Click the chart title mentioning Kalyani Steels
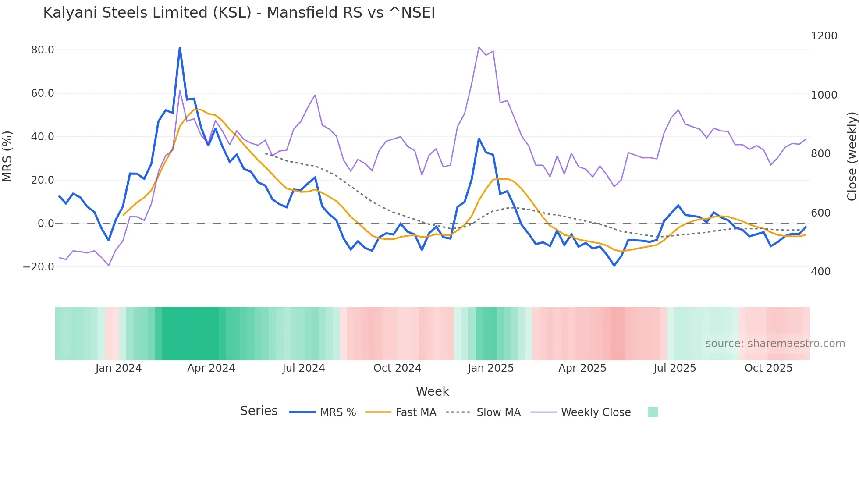(239, 13)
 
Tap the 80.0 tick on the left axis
(43, 50)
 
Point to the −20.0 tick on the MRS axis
(39, 267)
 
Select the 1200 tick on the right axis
(824, 36)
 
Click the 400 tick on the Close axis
(820, 272)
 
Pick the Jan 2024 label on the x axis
(118, 368)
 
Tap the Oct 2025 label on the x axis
(768, 368)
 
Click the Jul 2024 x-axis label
(303, 368)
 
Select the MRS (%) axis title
(7, 156)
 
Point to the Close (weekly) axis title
(852, 156)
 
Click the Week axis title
(432, 391)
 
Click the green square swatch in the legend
(653, 412)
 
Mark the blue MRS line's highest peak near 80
(180, 48)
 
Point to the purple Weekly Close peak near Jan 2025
(479, 47)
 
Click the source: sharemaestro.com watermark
(775, 344)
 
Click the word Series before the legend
(259, 411)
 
